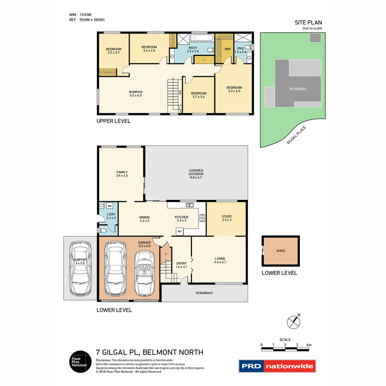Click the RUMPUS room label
click(x=135, y=94)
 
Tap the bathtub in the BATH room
click(x=202, y=38)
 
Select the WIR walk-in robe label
click(x=227, y=49)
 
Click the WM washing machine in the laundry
click(x=109, y=206)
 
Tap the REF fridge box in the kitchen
click(x=179, y=232)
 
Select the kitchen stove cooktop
click(x=202, y=218)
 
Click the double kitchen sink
click(x=189, y=205)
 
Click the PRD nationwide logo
click(x=277, y=366)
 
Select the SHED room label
click(x=281, y=251)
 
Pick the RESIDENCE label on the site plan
click(x=298, y=89)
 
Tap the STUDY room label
click(x=227, y=218)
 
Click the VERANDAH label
click(x=204, y=293)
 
